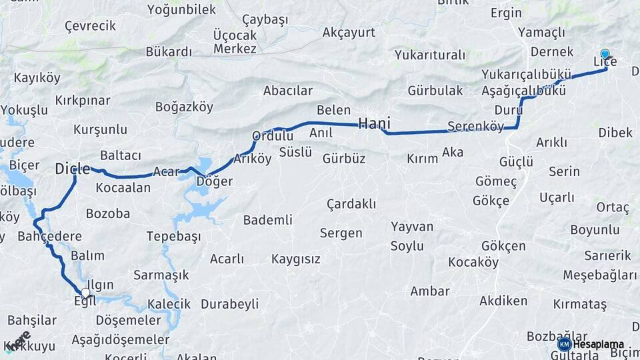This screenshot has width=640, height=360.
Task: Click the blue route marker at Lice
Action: pyautogui.click(x=605, y=54)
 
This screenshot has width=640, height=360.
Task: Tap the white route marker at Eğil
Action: pyautogui.click(x=85, y=293)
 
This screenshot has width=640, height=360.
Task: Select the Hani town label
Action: pyautogui.click(x=374, y=123)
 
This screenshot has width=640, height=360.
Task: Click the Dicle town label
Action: pyautogui.click(x=72, y=169)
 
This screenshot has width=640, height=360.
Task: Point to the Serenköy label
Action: pyautogui.click(x=475, y=126)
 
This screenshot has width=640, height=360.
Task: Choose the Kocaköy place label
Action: pyautogui.click(x=473, y=262)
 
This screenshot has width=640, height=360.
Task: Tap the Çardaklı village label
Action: pyautogui.click(x=351, y=204)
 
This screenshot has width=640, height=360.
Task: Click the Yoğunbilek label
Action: pyautogui.click(x=181, y=9)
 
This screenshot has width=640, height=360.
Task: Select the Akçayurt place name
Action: pyautogui.click(x=349, y=32)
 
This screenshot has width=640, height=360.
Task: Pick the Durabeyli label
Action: pyautogui.click(x=229, y=304)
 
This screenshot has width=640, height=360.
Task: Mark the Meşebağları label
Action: pyautogui.click(x=600, y=275)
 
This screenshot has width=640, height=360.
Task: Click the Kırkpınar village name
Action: pyautogui.click(x=83, y=100)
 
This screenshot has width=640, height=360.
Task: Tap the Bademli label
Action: pyautogui.click(x=268, y=220)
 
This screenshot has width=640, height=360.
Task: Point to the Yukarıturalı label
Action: pyautogui.click(x=429, y=55)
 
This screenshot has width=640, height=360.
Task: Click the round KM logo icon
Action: pyautogui.click(x=564, y=344)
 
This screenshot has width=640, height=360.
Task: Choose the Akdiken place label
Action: pyautogui.click(x=503, y=301)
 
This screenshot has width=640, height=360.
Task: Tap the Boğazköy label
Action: pyautogui.click(x=184, y=107)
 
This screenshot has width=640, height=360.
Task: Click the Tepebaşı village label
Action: pyautogui.click(x=173, y=237)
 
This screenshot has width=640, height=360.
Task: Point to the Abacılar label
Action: pyautogui.click(x=288, y=91)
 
